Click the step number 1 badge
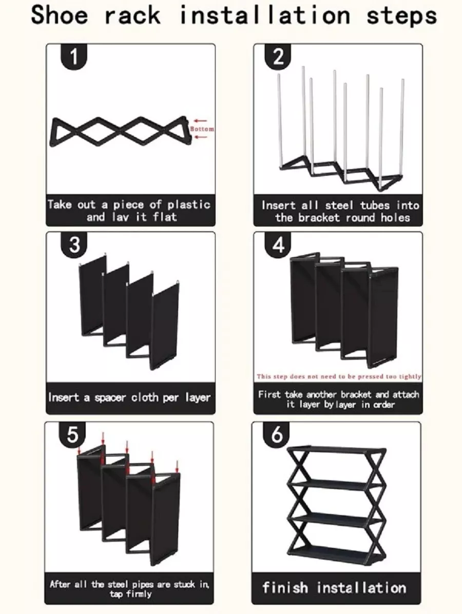coord(73,57)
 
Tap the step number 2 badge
coord(278,57)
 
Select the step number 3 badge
coord(74,245)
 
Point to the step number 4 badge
coord(278,245)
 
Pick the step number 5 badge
coord(72,435)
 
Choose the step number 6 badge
coord(277,435)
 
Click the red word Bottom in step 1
coord(202,129)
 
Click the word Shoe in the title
coord(60,15)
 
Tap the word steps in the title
coord(401,16)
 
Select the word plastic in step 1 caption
coord(189,204)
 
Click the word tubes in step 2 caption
coord(375,205)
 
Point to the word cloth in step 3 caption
coord(145,397)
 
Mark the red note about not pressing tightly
coord(339,376)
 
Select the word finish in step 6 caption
coord(285,587)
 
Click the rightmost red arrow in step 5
coord(177,466)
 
